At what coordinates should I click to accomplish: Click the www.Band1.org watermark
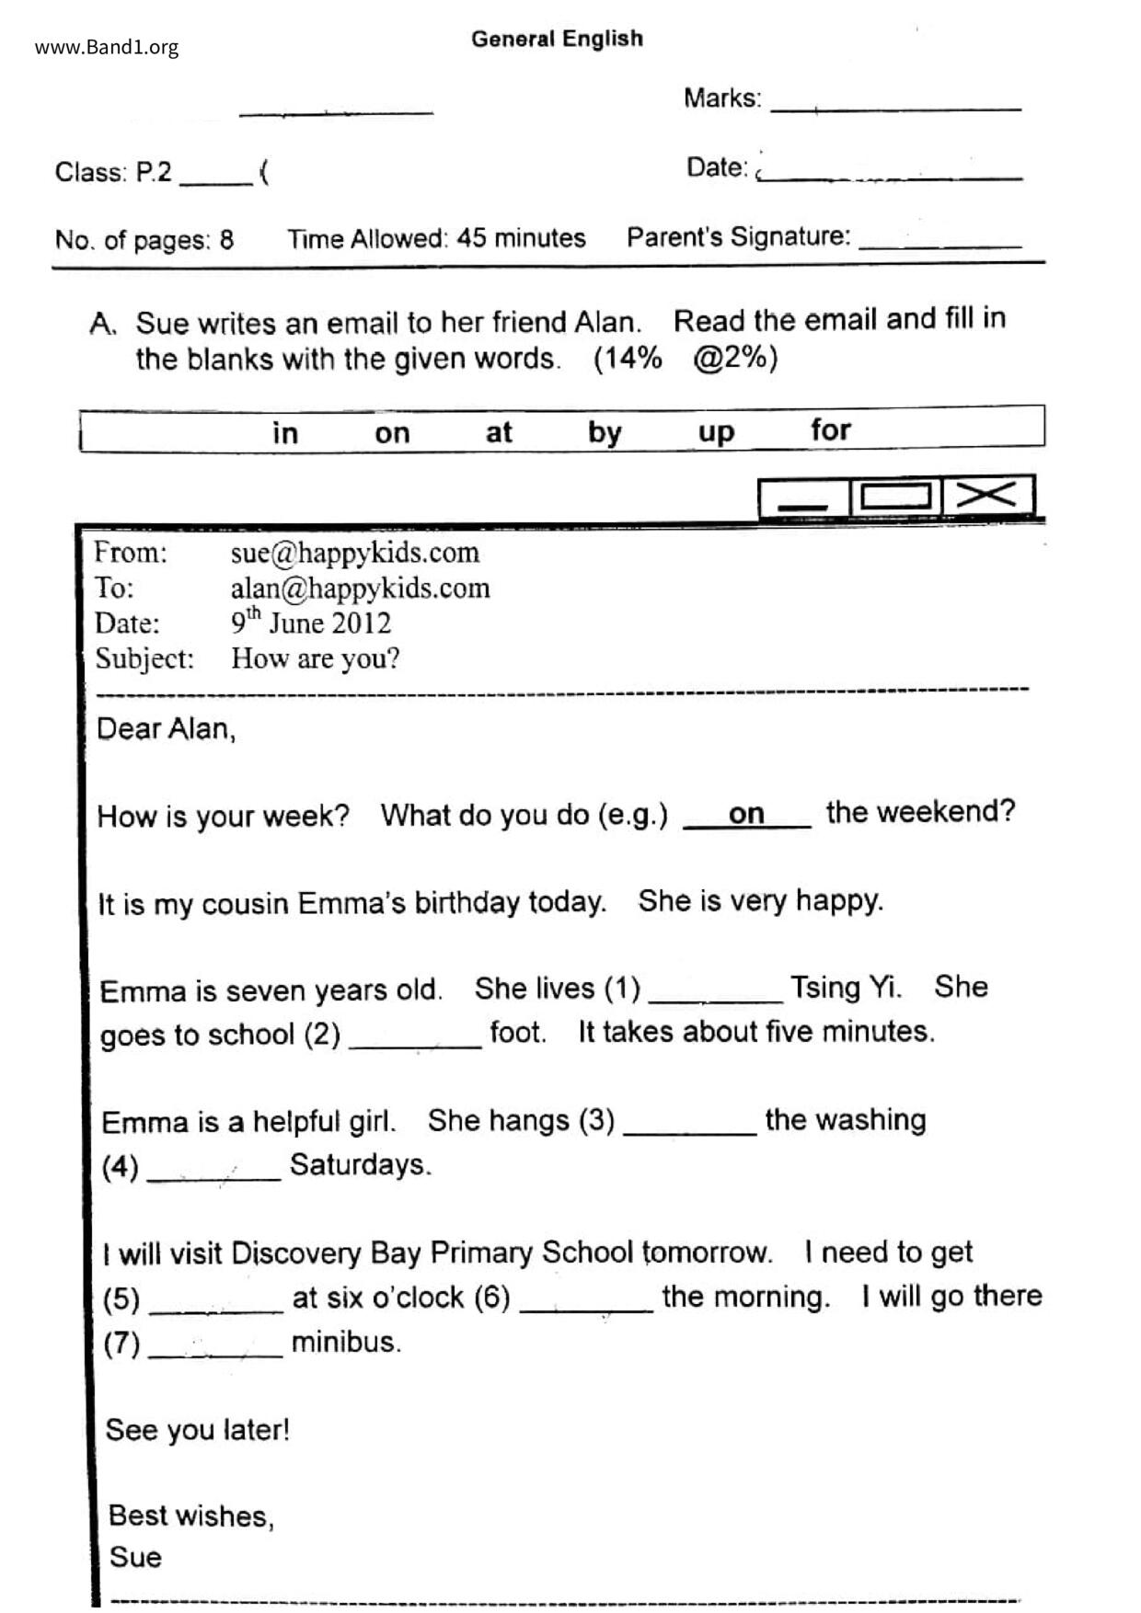click(x=107, y=48)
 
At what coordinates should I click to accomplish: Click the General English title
click(x=557, y=39)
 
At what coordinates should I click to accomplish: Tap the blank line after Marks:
click(x=895, y=103)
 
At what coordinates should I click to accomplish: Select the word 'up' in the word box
click(x=716, y=432)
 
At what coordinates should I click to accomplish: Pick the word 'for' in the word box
click(x=830, y=429)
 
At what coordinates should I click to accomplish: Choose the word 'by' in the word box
click(x=605, y=432)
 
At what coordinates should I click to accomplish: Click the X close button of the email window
click(x=987, y=496)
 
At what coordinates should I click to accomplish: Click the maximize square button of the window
click(x=895, y=496)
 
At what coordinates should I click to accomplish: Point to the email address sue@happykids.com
click(x=354, y=553)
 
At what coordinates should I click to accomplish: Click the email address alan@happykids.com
click(x=360, y=589)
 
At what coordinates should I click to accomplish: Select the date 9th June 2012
click(x=310, y=623)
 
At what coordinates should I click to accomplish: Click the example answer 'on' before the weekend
click(x=746, y=814)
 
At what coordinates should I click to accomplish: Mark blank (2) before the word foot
click(x=415, y=1038)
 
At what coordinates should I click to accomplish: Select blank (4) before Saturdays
click(x=213, y=1171)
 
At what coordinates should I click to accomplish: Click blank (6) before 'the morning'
click(x=586, y=1303)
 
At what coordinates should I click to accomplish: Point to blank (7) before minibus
click(x=215, y=1348)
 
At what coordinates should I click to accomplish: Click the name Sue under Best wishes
click(x=135, y=1557)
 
